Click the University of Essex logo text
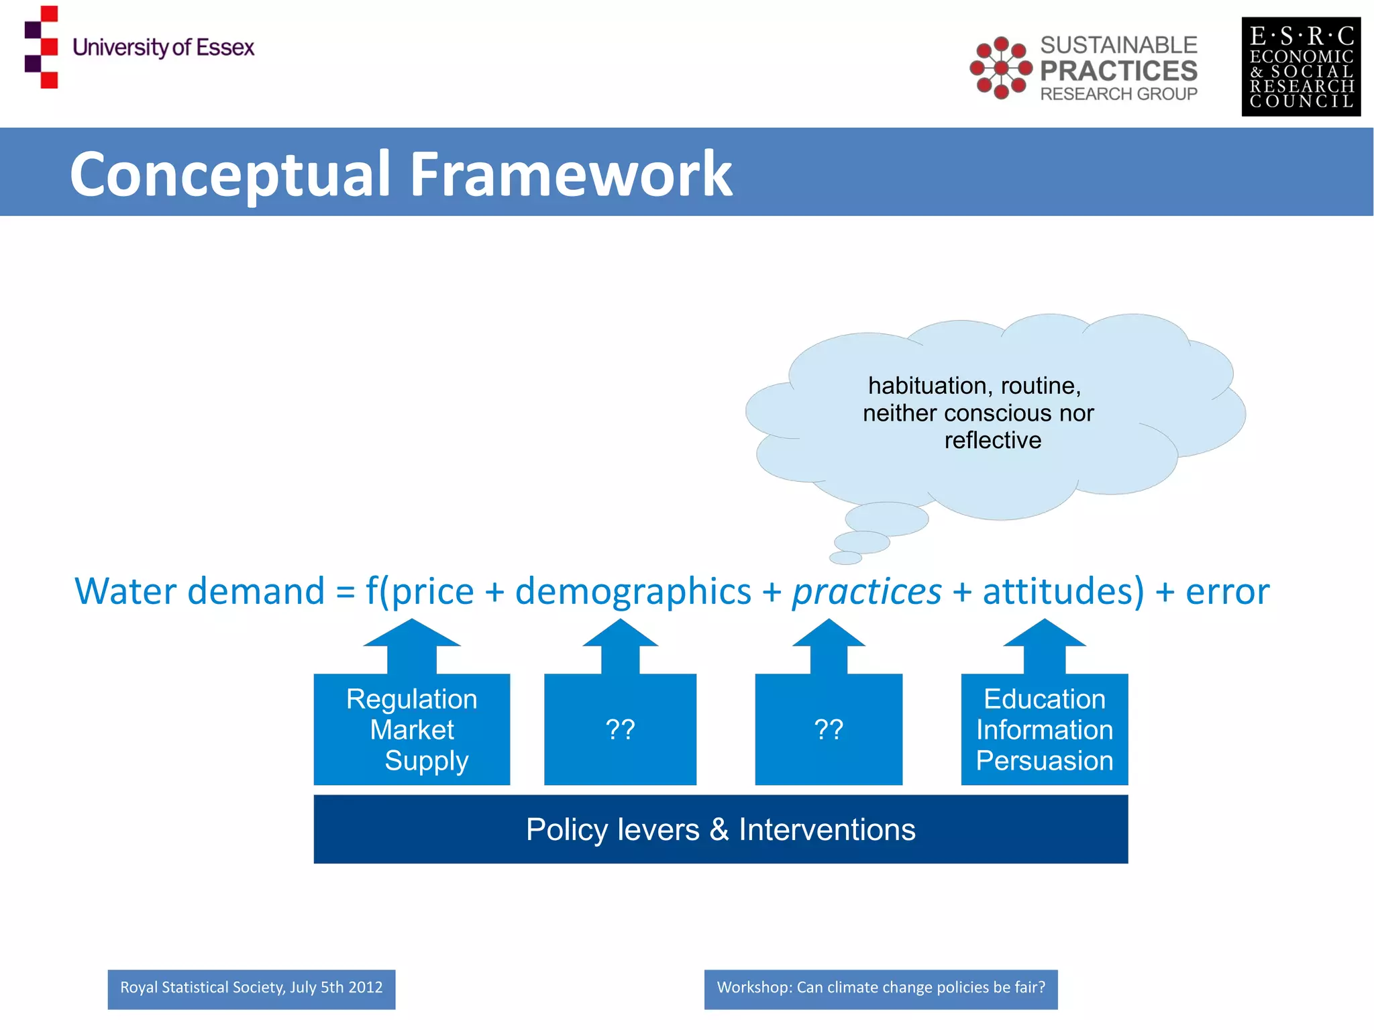163,48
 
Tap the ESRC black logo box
1300,67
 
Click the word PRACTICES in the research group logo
1118,70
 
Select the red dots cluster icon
1000,68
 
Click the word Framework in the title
570,174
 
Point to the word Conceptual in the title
230,174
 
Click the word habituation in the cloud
927,386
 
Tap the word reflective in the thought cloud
992,440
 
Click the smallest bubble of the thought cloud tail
845,558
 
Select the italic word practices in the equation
866,592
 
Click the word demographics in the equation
633,592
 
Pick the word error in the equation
1227,592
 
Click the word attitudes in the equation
1063,592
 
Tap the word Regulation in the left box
411,699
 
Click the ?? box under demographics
620,729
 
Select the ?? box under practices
829,729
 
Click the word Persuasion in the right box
1044,761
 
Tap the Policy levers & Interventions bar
721,829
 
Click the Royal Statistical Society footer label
252,988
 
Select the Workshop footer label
880,988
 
